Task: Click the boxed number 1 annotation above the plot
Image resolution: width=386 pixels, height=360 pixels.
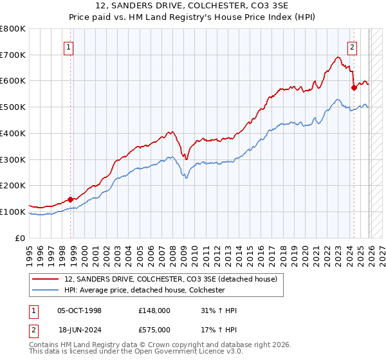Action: click(69, 46)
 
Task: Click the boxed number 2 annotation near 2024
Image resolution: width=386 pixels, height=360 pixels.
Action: click(353, 46)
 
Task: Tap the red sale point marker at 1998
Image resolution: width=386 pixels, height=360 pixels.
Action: click(70, 199)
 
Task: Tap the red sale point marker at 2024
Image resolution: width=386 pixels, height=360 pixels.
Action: click(354, 87)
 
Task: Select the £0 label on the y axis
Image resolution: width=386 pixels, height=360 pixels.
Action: click(20, 238)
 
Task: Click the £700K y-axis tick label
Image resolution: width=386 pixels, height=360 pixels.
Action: click(13, 55)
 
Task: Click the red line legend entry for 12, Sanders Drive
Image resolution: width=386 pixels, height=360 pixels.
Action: click(170, 279)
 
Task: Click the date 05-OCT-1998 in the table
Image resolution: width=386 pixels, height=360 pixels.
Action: click(79, 310)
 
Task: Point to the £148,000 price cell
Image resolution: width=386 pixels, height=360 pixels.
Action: click(154, 310)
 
